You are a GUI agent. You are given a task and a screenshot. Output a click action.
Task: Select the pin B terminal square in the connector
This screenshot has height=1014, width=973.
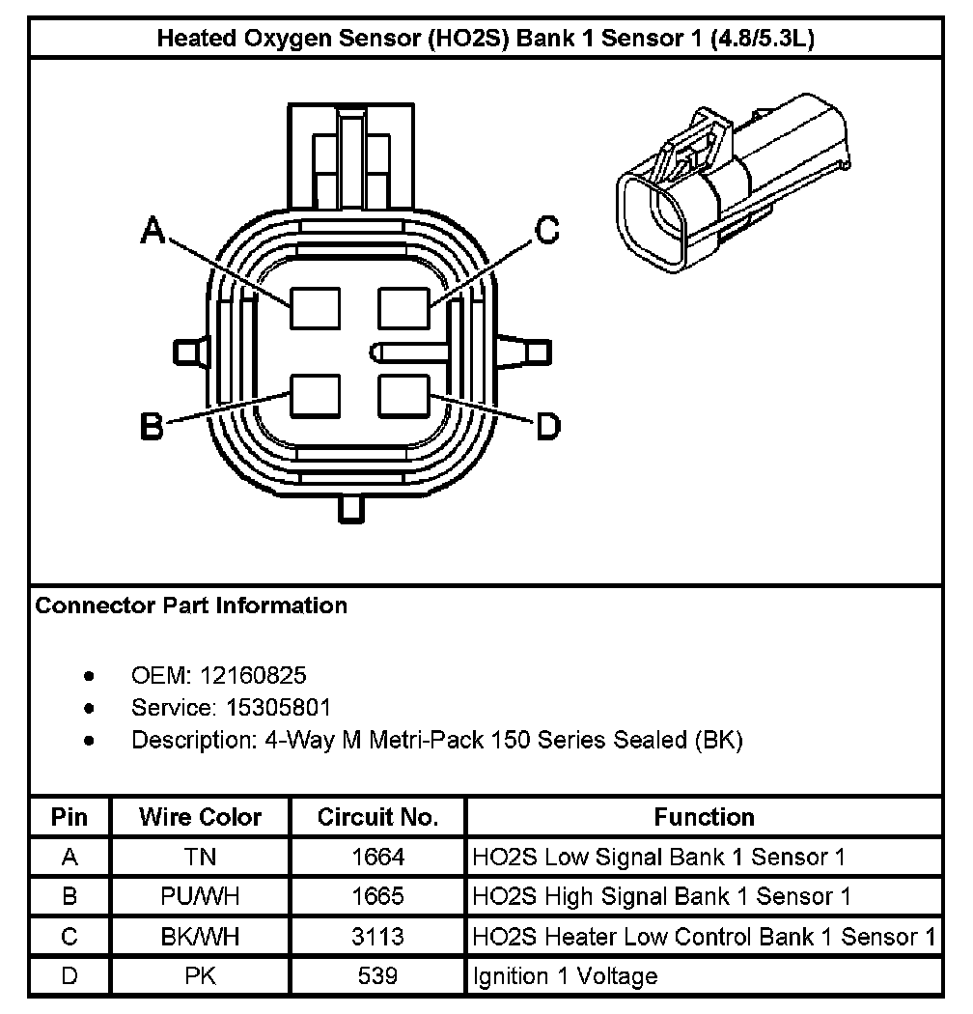(315, 397)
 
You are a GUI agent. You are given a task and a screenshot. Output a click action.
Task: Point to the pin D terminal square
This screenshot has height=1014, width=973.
(403, 397)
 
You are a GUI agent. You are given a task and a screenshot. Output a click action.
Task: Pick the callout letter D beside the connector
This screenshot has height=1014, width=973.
(547, 426)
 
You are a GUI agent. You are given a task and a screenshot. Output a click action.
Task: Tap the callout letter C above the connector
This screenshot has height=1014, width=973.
(547, 231)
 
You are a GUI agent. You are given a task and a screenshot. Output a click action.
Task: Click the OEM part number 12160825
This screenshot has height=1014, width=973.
(253, 675)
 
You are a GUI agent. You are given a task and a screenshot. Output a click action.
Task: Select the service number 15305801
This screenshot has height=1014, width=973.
(278, 708)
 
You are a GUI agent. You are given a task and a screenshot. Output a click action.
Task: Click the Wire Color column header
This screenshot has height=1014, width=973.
(201, 818)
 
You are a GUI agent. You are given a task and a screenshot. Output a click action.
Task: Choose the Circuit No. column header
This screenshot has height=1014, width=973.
(377, 818)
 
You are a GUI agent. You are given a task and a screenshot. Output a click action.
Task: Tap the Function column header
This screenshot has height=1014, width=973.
(704, 818)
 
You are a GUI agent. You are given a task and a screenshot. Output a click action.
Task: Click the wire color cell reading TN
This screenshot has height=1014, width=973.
(201, 857)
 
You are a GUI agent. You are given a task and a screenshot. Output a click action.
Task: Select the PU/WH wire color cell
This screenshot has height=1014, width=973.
(201, 896)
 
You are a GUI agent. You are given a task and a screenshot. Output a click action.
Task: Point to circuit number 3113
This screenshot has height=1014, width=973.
(377, 936)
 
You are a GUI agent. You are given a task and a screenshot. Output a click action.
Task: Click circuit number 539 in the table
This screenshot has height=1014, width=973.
(377, 975)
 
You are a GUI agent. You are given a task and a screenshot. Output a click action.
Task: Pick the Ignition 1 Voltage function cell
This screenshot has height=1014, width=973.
(565, 975)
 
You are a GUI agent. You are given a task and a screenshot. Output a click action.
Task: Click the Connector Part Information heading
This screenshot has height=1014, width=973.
(191, 606)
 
